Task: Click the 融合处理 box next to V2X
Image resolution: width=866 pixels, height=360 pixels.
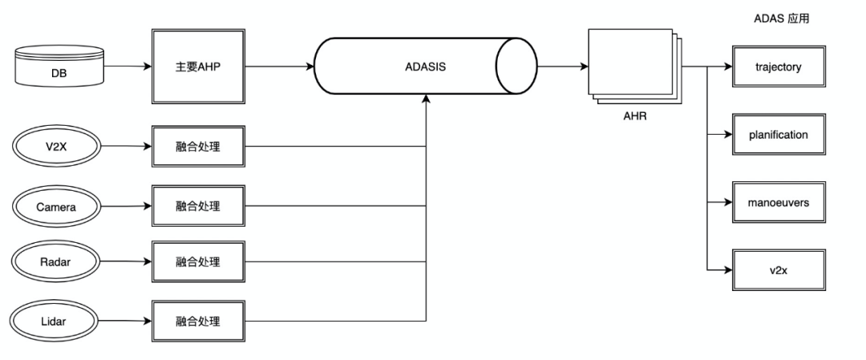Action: (x=197, y=147)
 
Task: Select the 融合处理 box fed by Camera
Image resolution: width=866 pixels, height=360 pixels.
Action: (x=197, y=206)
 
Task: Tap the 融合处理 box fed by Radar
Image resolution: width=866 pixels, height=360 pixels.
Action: (x=197, y=262)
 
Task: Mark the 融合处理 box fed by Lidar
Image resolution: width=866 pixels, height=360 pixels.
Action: (x=197, y=322)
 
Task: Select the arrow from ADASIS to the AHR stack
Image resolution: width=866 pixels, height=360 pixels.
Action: (x=561, y=67)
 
